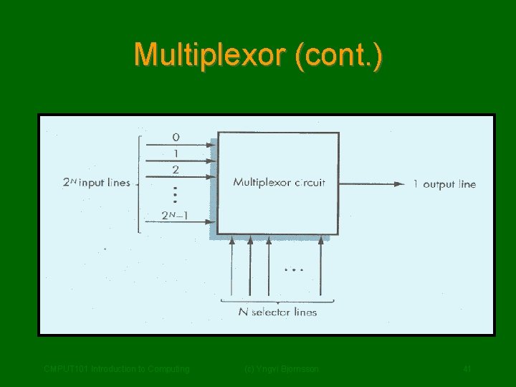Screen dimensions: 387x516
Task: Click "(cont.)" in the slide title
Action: [338, 54]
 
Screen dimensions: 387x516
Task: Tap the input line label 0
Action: [176, 136]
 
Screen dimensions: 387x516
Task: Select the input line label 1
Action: [176, 153]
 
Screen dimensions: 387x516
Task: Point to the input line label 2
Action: [176, 170]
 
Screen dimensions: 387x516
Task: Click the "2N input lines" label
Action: [96, 183]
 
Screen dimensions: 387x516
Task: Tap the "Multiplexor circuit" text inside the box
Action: [279, 183]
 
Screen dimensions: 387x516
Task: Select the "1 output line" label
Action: [444, 184]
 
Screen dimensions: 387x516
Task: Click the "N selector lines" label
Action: [277, 312]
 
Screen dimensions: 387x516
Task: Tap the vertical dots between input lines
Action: [176, 193]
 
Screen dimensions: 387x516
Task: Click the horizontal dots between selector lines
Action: [294, 270]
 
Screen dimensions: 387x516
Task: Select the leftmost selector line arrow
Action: [231, 242]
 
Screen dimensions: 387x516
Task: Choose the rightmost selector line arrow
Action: [320, 242]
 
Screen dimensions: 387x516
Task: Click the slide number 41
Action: [467, 369]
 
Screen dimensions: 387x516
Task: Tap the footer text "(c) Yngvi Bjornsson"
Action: [282, 369]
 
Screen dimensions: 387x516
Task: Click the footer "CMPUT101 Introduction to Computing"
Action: [116, 369]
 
